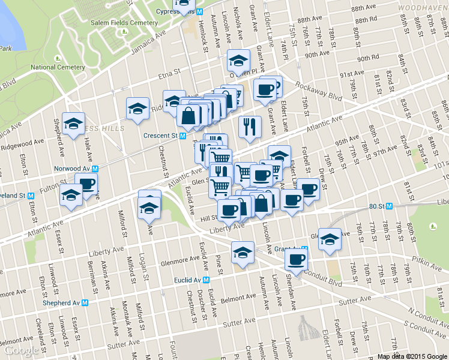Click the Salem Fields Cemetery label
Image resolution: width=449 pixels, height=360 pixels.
pyautogui.click(x=124, y=23)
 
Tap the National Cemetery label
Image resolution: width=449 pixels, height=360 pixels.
pyautogui.click(x=58, y=67)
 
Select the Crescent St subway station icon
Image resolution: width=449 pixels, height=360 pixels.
pyautogui.click(x=182, y=136)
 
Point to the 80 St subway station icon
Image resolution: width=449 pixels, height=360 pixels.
pyautogui.click(x=389, y=206)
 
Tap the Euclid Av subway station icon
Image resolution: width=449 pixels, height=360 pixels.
pyautogui.click(x=206, y=280)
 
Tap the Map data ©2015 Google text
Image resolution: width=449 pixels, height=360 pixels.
pyautogui.click(x=412, y=356)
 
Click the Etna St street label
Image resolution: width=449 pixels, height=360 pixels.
pyautogui.click(x=170, y=71)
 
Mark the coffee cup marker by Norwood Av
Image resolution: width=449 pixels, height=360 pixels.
pyautogui.click(x=86, y=183)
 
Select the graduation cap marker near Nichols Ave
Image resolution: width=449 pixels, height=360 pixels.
pyautogui.click(x=238, y=60)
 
